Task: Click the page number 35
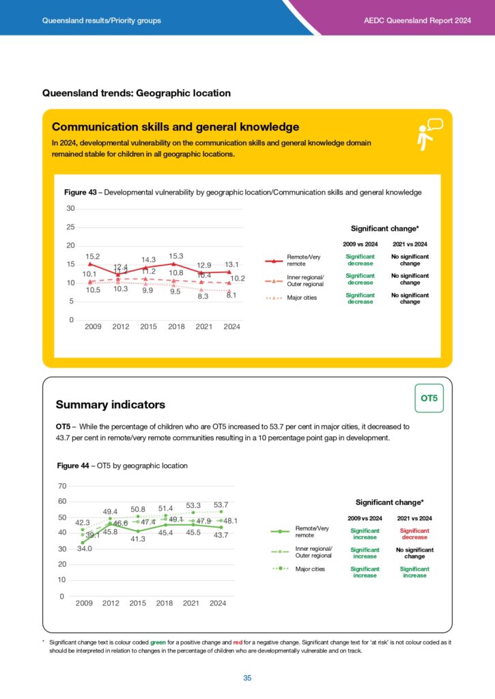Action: click(247, 678)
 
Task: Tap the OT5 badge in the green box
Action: click(428, 398)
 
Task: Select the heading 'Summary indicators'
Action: click(110, 405)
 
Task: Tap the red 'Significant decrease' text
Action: click(414, 533)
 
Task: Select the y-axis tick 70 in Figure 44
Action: click(62, 486)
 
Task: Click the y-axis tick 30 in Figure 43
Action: click(70, 208)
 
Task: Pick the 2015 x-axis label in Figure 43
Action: click(149, 326)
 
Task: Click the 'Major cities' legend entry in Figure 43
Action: click(301, 298)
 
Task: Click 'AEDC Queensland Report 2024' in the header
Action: click(418, 20)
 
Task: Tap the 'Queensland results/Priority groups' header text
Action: click(102, 20)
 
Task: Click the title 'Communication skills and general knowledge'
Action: click(175, 127)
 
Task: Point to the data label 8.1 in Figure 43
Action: click(231, 296)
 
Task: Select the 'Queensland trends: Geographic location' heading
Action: click(137, 93)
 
